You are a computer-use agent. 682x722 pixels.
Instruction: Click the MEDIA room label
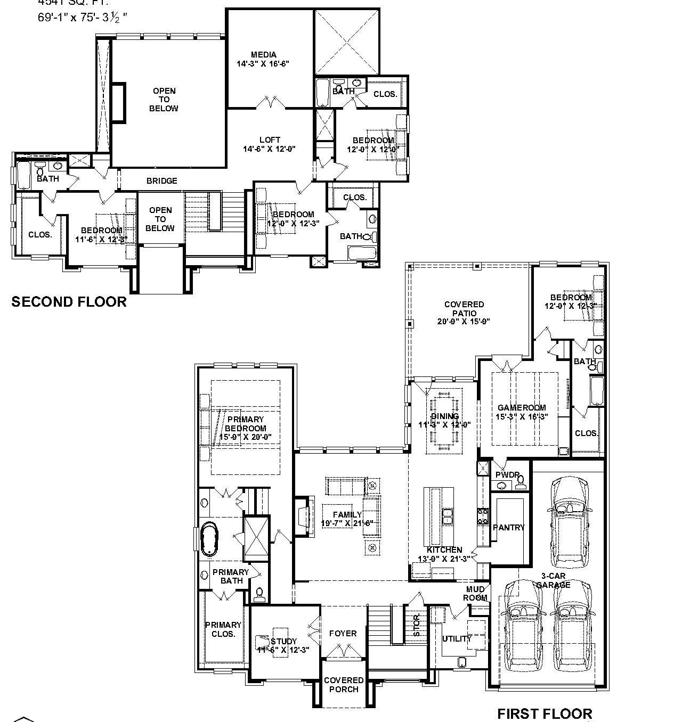click(x=264, y=55)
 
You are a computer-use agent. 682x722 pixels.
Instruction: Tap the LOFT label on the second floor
click(x=270, y=140)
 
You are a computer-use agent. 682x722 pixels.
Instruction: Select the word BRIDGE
click(x=161, y=181)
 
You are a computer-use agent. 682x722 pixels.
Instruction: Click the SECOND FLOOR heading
click(x=69, y=302)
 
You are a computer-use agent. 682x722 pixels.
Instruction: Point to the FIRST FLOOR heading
click(x=545, y=713)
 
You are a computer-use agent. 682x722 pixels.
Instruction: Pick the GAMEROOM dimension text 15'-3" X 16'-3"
click(x=522, y=417)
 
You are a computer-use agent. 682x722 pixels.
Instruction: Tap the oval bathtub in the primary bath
click(x=209, y=539)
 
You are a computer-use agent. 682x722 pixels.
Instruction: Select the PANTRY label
click(x=509, y=528)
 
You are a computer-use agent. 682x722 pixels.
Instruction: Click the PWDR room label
click(x=507, y=474)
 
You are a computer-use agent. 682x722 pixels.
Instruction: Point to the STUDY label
click(x=284, y=641)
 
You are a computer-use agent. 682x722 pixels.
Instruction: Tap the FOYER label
click(x=343, y=634)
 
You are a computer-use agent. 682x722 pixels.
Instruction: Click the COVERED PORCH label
click(x=344, y=685)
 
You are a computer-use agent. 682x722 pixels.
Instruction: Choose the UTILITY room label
click(x=457, y=639)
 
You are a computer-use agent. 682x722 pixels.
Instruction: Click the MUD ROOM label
click(x=476, y=593)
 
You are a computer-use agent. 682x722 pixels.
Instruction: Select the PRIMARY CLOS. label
click(x=223, y=629)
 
